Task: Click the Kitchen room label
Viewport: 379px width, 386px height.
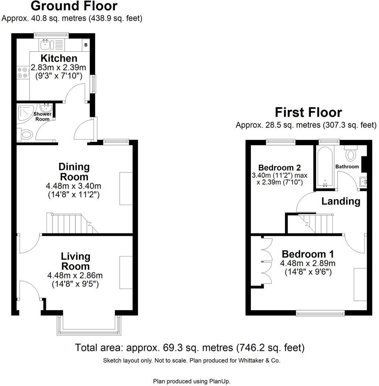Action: tap(59, 58)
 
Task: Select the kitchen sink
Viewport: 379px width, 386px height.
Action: tap(47, 45)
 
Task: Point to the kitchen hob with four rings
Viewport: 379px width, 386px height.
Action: tap(23, 72)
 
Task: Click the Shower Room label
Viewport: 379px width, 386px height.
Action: tap(43, 117)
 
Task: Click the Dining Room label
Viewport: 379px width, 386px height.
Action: tap(74, 172)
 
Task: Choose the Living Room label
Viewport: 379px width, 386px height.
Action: tap(75, 261)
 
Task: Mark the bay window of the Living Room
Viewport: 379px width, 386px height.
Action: tap(89, 326)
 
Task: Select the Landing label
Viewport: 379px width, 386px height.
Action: tap(341, 201)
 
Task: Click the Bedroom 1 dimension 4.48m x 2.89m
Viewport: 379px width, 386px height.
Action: tap(308, 264)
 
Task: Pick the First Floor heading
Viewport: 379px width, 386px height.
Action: tap(308, 112)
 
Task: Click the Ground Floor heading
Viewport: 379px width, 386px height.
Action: tap(74, 6)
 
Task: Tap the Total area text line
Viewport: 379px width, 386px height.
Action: tap(190, 348)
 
